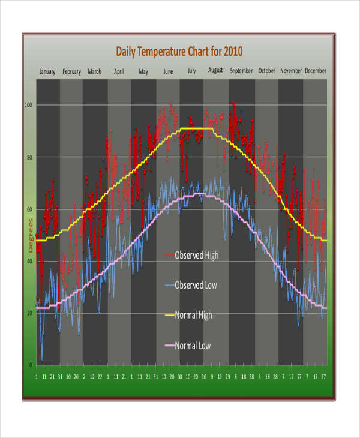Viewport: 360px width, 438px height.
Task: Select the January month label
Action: pos(47,71)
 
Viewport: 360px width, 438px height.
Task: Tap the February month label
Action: pos(71,71)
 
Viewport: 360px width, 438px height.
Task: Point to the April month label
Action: pos(119,71)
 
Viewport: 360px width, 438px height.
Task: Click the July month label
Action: pos(191,71)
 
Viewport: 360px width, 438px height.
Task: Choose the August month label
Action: pos(215,70)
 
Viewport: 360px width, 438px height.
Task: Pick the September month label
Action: pos(241,71)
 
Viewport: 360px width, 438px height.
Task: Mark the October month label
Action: pos(266,71)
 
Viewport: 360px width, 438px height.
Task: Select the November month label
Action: pos(291,71)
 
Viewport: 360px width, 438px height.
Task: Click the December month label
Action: pos(316,71)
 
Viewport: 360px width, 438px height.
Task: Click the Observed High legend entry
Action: pos(196,255)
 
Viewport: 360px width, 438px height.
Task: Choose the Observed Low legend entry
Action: pos(195,285)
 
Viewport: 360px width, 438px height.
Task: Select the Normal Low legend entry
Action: pos(192,346)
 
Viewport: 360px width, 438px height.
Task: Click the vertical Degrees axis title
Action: pos(31,235)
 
